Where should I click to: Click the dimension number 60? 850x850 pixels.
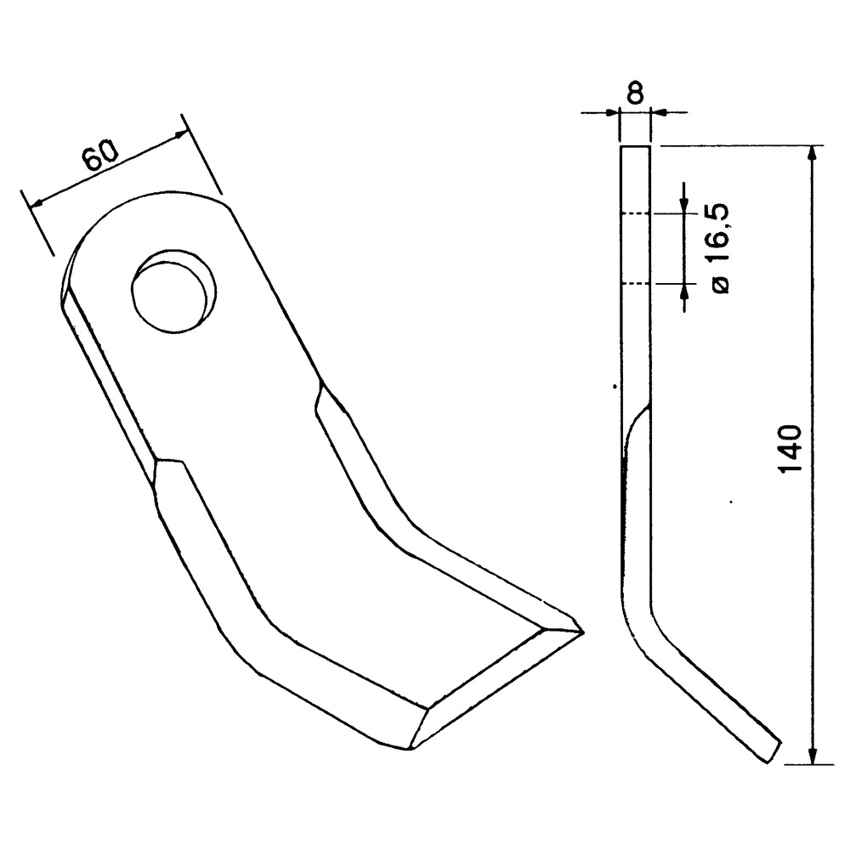point(100,155)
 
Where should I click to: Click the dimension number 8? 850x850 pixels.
point(634,93)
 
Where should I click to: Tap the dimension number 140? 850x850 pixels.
point(790,448)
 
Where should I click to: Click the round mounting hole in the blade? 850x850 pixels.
point(173,292)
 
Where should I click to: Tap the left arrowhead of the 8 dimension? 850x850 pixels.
point(612,113)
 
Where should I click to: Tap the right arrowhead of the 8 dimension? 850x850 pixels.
point(657,113)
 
